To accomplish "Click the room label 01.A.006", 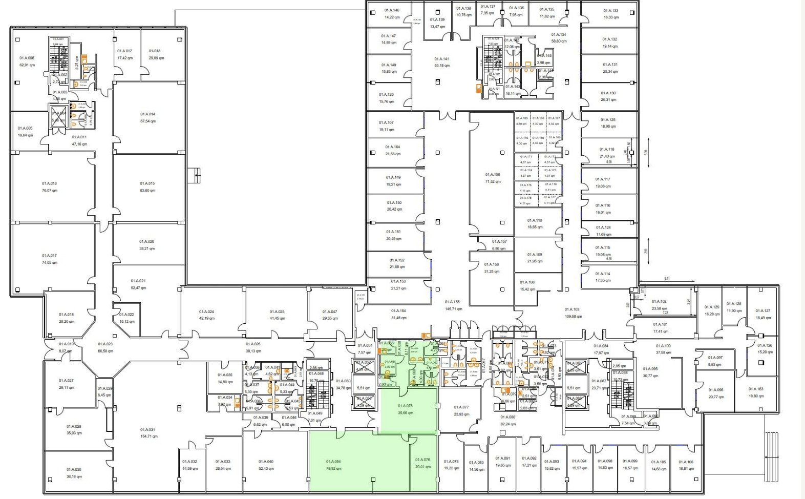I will (27, 58).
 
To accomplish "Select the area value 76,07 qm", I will (50, 191).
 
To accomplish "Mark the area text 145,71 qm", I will (453, 309).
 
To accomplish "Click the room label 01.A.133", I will (610, 11).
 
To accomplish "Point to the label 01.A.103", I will (573, 309).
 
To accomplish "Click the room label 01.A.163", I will (756, 389).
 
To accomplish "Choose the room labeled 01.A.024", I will (206, 311).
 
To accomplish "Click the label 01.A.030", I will (74, 469).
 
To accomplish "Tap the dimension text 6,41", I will (667, 279).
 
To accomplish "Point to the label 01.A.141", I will (441, 59).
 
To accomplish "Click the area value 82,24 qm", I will (508, 424).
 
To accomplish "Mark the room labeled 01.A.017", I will (50, 256).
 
